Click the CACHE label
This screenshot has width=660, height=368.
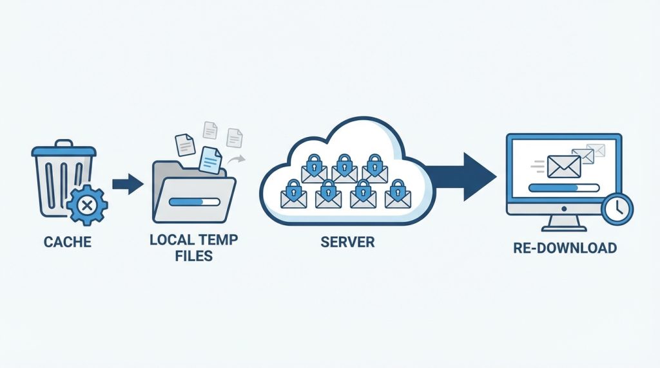point(67,242)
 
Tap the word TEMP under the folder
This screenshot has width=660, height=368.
point(218,240)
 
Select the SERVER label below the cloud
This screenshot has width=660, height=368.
point(347,242)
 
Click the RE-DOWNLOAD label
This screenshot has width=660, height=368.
point(565,248)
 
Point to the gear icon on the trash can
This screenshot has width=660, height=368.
point(88,205)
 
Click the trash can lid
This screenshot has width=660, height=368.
point(64,149)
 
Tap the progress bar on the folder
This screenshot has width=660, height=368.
point(195,202)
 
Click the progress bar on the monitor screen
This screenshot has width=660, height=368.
point(564,188)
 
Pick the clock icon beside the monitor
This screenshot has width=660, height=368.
point(617,208)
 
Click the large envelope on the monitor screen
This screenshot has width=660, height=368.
point(564,167)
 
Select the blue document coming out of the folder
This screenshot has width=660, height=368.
point(211,160)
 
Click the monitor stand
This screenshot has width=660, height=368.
point(564,223)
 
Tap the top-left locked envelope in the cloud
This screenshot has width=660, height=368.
point(314,169)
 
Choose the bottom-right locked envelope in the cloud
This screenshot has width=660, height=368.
point(398,194)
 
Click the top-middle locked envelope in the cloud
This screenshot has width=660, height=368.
point(344,169)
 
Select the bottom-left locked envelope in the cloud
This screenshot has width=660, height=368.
point(293,194)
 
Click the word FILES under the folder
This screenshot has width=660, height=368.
point(193,256)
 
